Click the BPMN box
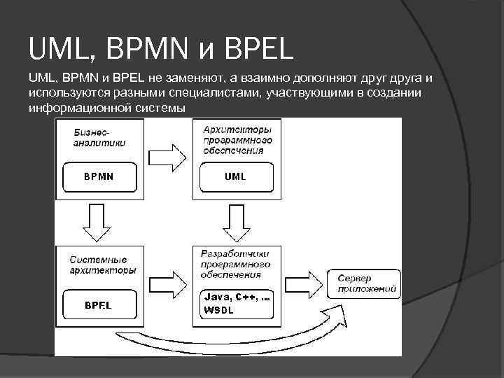[x=99, y=176]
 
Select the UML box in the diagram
[x=235, y=176]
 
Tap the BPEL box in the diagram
[x=99, y=304]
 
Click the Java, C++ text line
[x=236, y=297]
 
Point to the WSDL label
[x=216, y=309]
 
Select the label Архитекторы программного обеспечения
[x=237, y=139]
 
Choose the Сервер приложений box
[x=363, y=283]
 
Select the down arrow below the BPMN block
[x=97, y=221]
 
